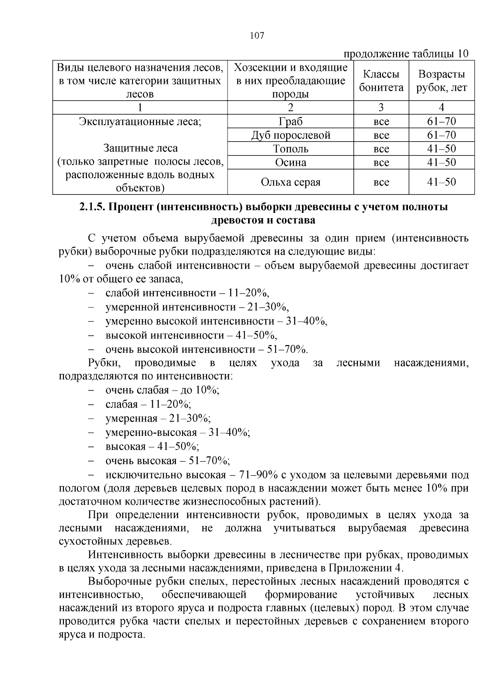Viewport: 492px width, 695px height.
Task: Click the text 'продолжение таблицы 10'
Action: [405, 54]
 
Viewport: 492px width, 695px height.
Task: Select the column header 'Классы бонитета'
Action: [381, 81]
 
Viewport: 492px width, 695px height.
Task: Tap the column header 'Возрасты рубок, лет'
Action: [442, 81]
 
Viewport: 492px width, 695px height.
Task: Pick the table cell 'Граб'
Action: [290, 122]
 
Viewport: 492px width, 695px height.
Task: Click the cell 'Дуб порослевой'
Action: [290, 135]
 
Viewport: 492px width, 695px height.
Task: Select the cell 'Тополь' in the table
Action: [290, 149]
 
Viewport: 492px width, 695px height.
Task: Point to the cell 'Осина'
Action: [290, 163]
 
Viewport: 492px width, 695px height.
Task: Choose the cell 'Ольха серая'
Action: [290, 182]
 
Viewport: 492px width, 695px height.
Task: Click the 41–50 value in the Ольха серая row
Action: [442, 182]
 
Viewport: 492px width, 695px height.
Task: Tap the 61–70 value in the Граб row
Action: [442, 122]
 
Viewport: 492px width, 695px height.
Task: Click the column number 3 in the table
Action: [381, 108]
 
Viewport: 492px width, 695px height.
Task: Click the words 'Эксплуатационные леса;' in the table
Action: [140, 122]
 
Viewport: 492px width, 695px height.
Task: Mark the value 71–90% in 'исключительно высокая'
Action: [254, 475]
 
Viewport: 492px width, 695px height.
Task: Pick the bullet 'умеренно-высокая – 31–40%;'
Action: [178, 433]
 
